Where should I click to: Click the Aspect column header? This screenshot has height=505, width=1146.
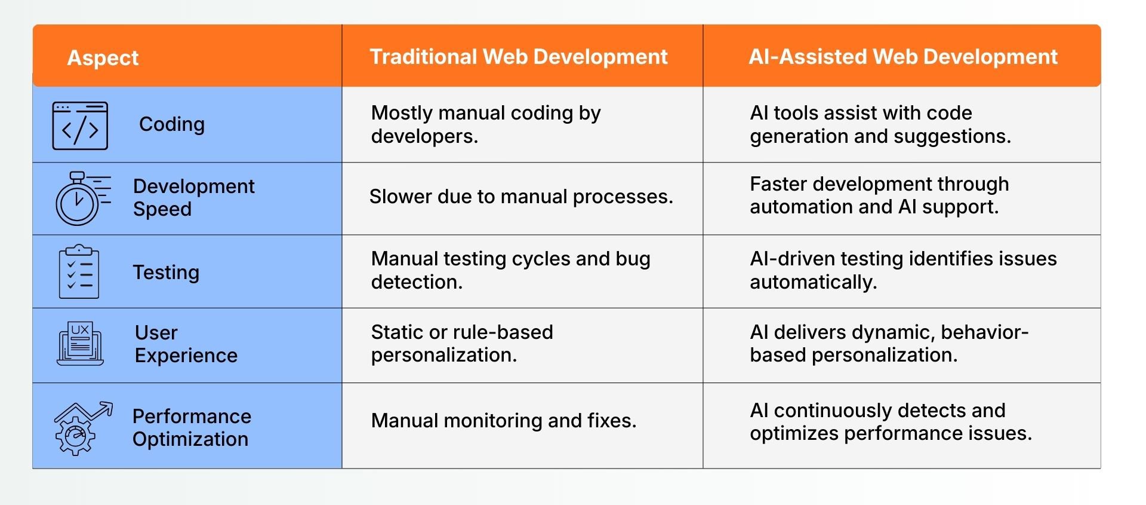[x=103, y=58]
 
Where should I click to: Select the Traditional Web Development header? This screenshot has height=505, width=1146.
[x=519, y=57]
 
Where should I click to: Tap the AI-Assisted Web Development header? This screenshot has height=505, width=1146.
[x=903, y=57]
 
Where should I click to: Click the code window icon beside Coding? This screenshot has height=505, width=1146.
[x=80, y=126]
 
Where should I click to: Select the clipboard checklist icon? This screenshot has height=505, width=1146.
[x=79, y=271]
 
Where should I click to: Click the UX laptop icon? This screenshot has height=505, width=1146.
[x=80, y=344]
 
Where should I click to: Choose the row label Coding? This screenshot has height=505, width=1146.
[x=172, y=124]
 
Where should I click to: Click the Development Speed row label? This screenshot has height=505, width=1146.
[x=193, y=197]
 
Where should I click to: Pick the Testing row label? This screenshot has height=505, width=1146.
[x=166, y=273]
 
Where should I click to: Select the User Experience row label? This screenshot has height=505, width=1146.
[x=186, y=344]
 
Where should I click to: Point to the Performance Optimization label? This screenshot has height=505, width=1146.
[x=192, y=427]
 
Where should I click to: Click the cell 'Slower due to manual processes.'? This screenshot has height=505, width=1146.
[x=521, y=197]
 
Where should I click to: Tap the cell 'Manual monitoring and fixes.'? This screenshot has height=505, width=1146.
[x=504, y=421]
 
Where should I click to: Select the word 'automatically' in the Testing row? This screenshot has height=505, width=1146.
[x=813, y=282]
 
